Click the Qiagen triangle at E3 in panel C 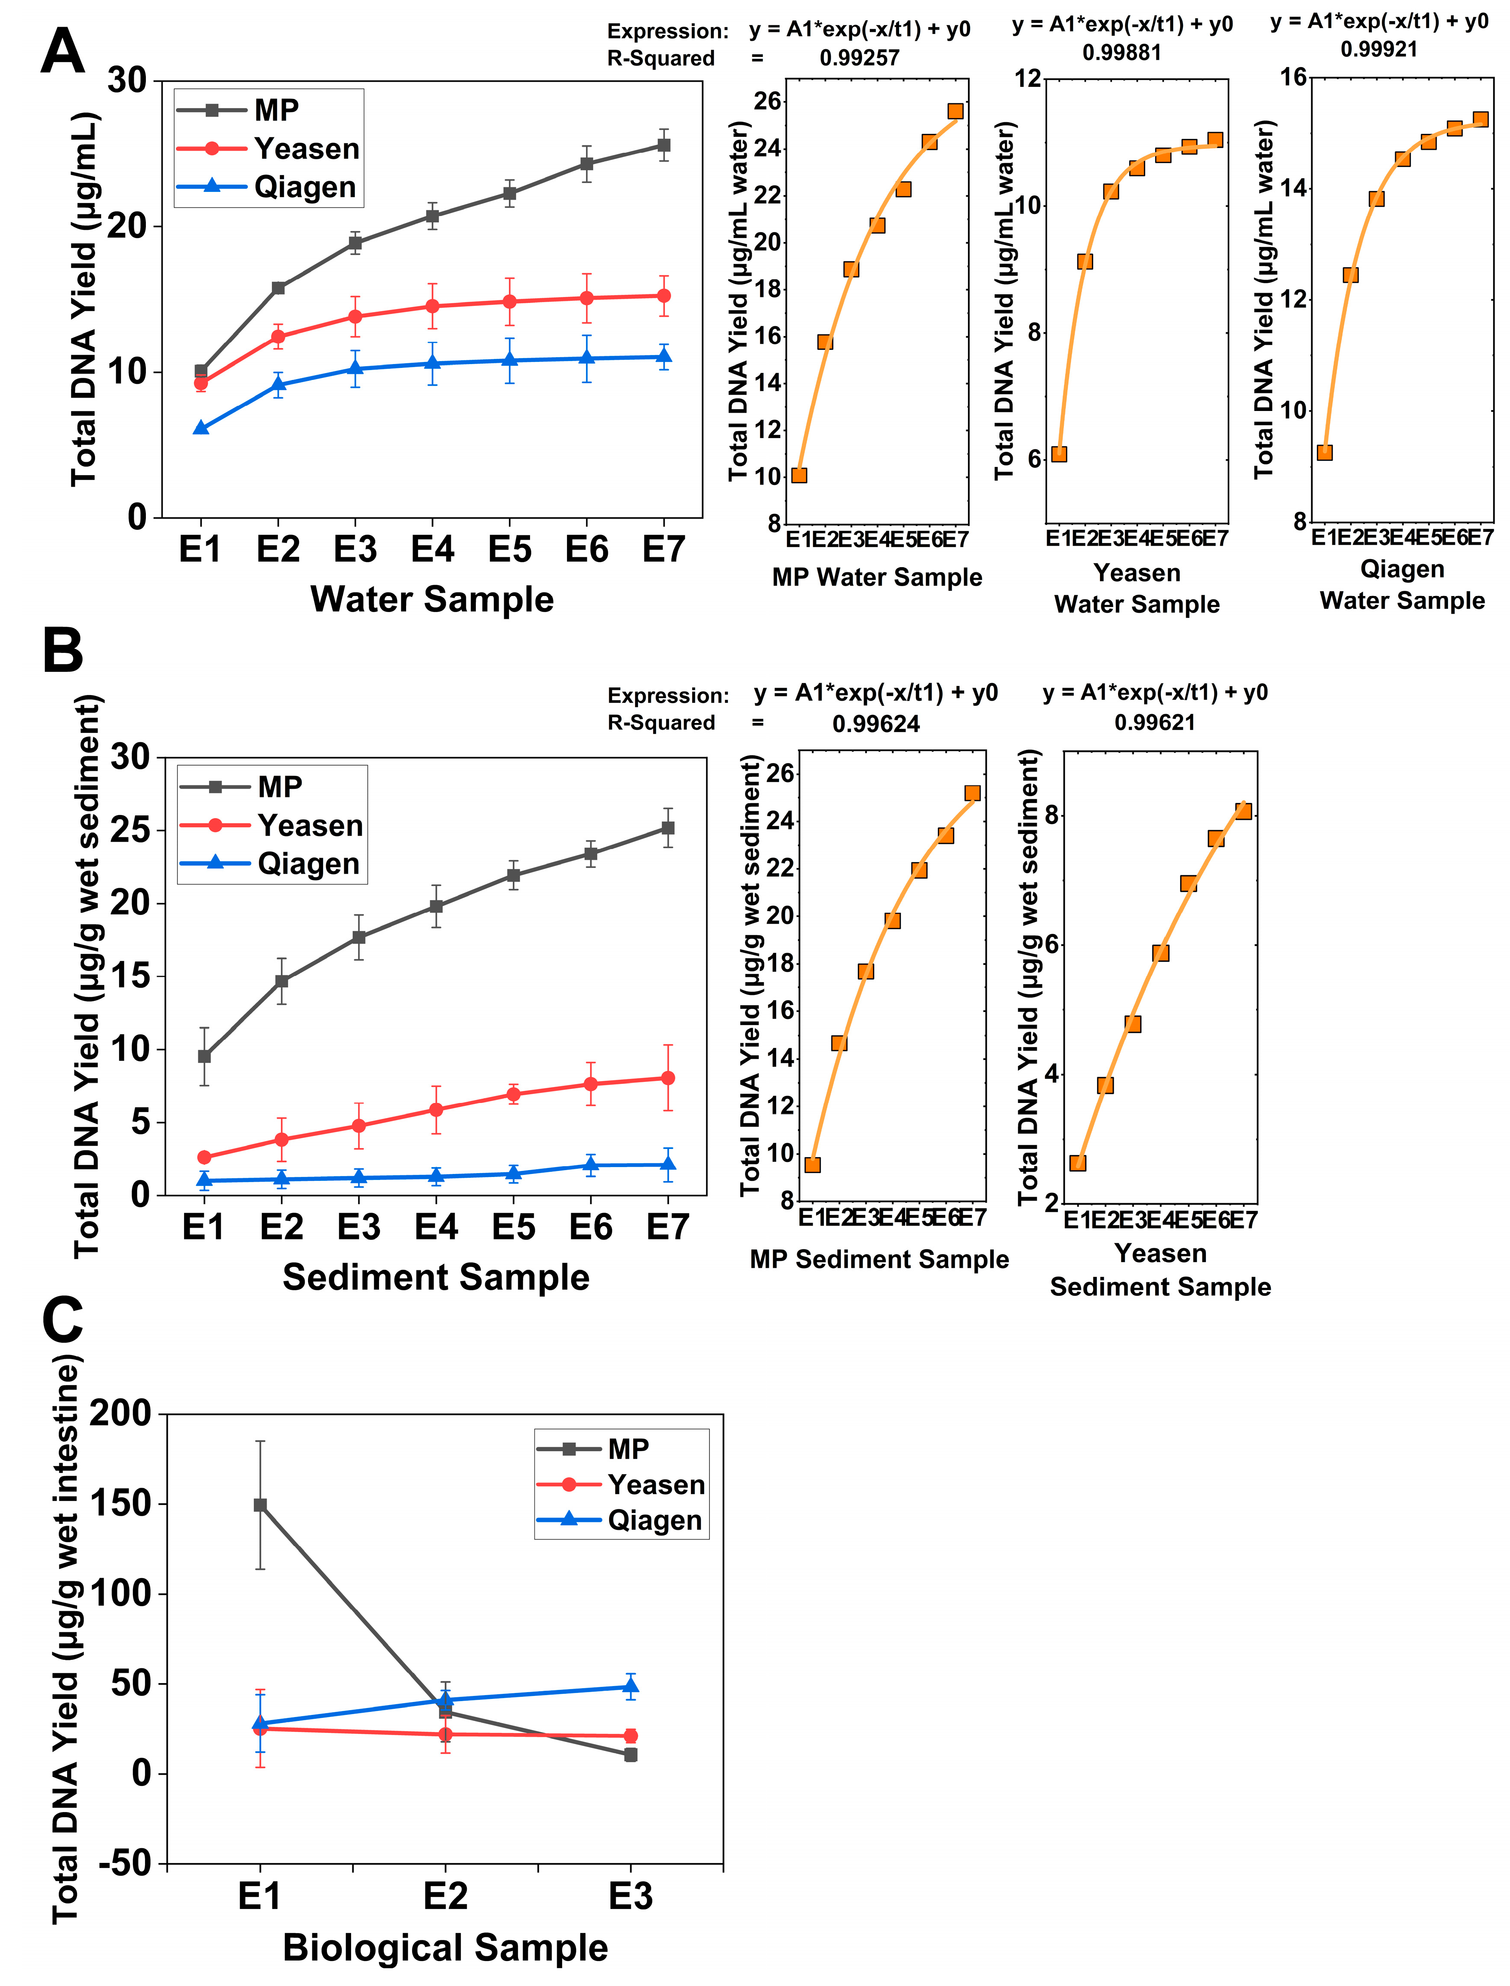[631, 1686]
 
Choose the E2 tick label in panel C [445, 1897]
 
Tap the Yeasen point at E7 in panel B [668, 1078]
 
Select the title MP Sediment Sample [879, 1259]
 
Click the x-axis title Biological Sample [445, 1948]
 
